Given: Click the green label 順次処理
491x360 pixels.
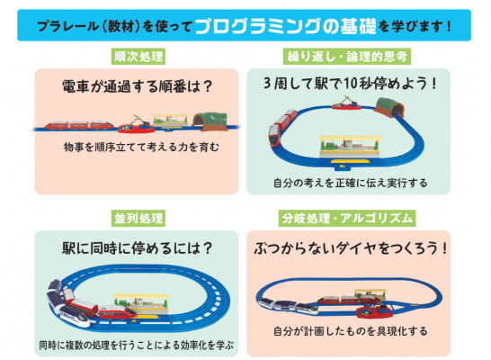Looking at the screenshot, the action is tap(138, 57).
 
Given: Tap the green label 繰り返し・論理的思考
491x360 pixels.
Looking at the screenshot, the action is tap(347, 57).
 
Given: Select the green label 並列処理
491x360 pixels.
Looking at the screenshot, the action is tap(138, 219).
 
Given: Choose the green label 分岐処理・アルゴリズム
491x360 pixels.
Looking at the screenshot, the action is tap(347, 219).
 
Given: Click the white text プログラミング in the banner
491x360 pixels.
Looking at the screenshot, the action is tap(258, 26).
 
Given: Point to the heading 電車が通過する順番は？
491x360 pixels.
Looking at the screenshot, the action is tap(138, 85).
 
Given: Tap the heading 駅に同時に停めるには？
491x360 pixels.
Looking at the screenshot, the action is tap(138, 248).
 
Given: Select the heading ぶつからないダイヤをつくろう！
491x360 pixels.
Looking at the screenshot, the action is tap(351, 248).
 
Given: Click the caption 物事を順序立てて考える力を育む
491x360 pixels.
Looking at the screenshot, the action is tap(141, 147).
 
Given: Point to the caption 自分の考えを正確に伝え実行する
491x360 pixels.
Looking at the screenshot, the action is tap(350, 183).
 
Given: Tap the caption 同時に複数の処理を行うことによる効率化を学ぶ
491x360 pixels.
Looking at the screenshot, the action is tap(137, 345).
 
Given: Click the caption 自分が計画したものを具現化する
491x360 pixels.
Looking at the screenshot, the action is tap(350, 331).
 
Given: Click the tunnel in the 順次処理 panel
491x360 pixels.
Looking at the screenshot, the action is tap(210, 121).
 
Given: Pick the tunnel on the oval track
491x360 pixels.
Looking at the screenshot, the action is tap(389, 107).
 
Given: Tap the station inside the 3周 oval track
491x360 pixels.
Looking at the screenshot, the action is tap(350, 148).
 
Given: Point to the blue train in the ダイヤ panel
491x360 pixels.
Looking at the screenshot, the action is tap(289, 306).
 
